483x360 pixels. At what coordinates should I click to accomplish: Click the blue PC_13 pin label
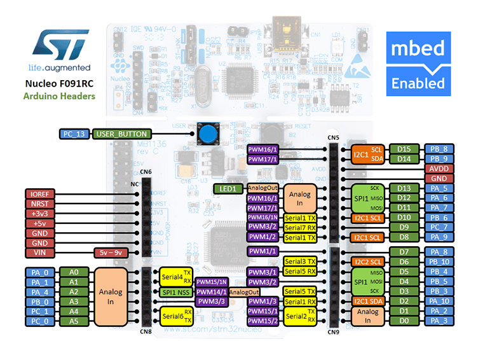point(74,134)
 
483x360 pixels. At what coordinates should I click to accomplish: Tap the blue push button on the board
point(207,134)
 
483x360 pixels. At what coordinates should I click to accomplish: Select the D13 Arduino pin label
point(404,188)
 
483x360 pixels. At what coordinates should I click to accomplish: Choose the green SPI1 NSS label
point(175,291)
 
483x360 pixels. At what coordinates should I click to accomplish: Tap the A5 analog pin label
point(74,321)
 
